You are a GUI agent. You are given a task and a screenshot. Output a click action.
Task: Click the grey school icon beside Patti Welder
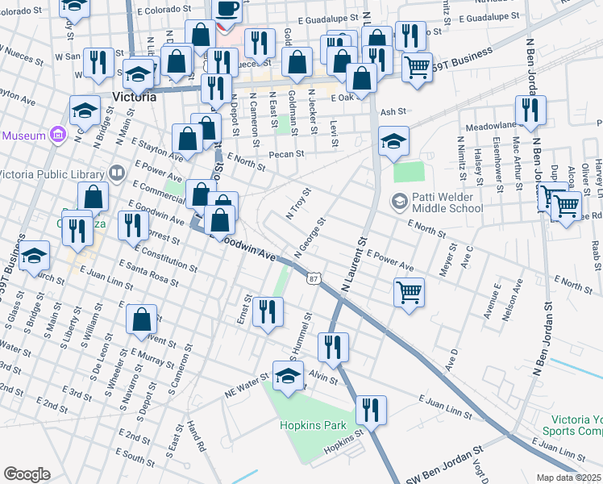point(398,201)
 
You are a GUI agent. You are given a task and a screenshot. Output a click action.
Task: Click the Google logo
point(27,474)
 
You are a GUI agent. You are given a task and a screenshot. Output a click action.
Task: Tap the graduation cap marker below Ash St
point(393,140)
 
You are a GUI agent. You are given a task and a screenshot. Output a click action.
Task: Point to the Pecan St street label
point(287,153)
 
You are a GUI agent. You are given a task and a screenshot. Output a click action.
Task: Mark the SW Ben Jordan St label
point(443,467)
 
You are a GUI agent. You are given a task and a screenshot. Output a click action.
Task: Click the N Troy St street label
point(298,203)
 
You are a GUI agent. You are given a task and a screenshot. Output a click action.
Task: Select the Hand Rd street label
point(194,436)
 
